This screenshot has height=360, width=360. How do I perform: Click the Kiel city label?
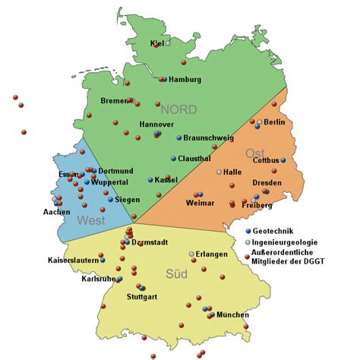point(158,43)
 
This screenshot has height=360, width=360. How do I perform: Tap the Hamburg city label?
point(185,80)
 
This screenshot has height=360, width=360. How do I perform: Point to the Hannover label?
point(157,124)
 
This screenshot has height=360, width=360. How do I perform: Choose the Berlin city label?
point(274,122)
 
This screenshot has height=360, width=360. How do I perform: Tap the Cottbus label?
point(266,160)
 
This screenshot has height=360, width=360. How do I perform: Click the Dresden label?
point(267,183)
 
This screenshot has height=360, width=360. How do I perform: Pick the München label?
point(232,314)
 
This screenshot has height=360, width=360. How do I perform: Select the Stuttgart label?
point(142,296)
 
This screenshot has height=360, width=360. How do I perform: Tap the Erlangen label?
point(212,254)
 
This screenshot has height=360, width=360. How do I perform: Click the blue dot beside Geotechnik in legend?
point(250,230)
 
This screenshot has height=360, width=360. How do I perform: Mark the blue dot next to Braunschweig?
point(179,138)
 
